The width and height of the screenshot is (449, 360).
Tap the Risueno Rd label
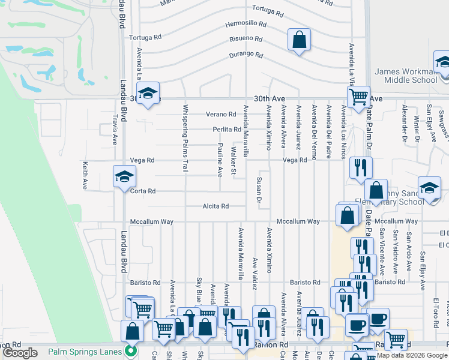pyautogui.click(x=246, y=39)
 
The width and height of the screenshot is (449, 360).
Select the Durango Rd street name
pyautogui.click(x=246, y=55)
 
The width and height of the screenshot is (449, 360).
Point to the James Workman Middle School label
pyautogui.click(x=406, y=76)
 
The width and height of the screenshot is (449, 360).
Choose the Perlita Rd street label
pyautogui.click(x=227, y=130)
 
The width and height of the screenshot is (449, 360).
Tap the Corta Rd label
pyautogui.click(x=143, y=191)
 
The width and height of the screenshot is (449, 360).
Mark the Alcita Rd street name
pyautogui.click(x=216, y=206)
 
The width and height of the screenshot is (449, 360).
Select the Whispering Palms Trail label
pyautogui.click(x=185, y=139)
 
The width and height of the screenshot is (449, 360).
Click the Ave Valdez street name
pyautogui.click(x=255, y=272)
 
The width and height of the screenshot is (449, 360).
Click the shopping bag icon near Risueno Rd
pyautogui.click(x=298, y=40)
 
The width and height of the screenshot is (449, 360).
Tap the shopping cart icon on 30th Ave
pyautogui.click(x=358, y=96)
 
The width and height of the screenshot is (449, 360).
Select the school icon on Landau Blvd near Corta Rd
pyautogui.click(x=125, y=176)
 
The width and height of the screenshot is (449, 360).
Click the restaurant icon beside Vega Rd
pyautogui.click(x=360, y=166)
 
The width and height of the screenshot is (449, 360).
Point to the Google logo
pyautogui.click(x=20, y=353)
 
